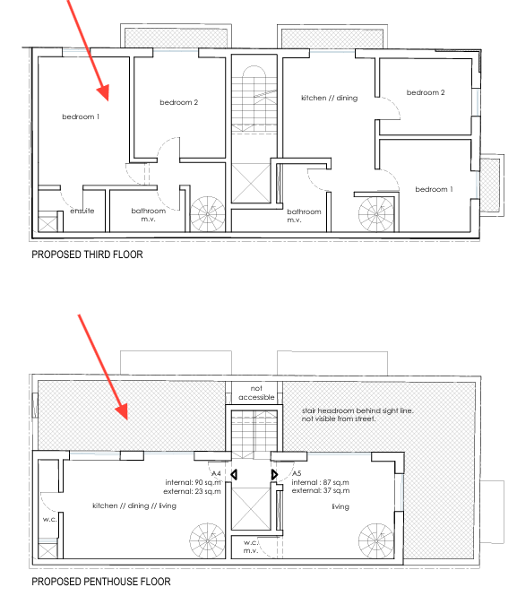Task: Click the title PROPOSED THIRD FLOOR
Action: click(87, 255)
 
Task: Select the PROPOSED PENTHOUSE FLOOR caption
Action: click(101, 582)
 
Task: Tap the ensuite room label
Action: click(82, 211)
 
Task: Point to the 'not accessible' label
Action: click(256, 393)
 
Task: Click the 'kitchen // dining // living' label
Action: click(134, 505)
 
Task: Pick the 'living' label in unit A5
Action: click(340, 506)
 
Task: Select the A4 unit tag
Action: click(216, 473)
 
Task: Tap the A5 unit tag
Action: click(297, 473)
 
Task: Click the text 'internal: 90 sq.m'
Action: click(193, 482)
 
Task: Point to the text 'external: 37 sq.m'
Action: click(321, 491)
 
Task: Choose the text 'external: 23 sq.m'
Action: click(192, 491)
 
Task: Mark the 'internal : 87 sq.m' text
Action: click(320, 482)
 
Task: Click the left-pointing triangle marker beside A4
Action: click(234, 474)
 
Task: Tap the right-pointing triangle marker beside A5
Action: click(275, 474)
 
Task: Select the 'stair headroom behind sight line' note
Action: click(358, 410)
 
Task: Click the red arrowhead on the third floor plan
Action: click(103, 92)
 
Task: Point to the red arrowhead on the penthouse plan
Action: click(122, 411)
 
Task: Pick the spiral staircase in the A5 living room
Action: click(376, 541)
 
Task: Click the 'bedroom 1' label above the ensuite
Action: click(81, 117)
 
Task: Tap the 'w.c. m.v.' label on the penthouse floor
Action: click(251, 546)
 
